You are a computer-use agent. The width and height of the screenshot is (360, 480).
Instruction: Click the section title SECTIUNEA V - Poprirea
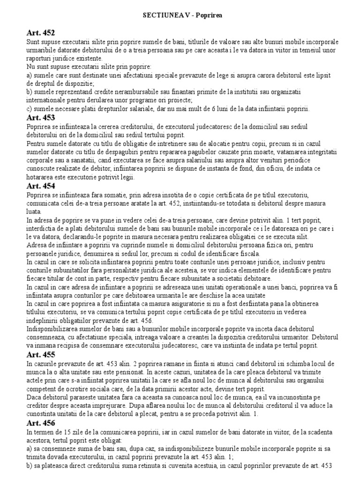[182, 15]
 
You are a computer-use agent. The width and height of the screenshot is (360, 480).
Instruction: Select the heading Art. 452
[40, 33]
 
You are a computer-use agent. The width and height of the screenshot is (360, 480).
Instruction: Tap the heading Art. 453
[40, 117]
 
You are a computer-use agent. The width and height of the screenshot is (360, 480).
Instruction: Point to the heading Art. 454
[40, 186]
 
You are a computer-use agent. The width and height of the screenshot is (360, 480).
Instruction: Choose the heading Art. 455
[40, 352]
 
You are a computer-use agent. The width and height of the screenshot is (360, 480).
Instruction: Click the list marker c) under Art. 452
[30, 109]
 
